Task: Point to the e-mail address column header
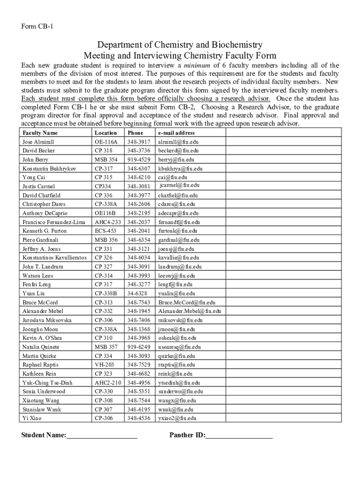(176, 133)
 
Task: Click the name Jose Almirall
(38, 142)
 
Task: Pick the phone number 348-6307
(138, 168)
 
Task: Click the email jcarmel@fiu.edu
(180, 186)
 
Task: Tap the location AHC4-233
(108, 222)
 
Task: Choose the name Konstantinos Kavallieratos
(54, 258)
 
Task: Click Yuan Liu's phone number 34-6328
(137, 294)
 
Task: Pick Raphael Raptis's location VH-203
(104, 365)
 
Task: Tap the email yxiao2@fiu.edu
(177, 418)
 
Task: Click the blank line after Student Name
(102, 436)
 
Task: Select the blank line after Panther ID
(239, 436)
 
